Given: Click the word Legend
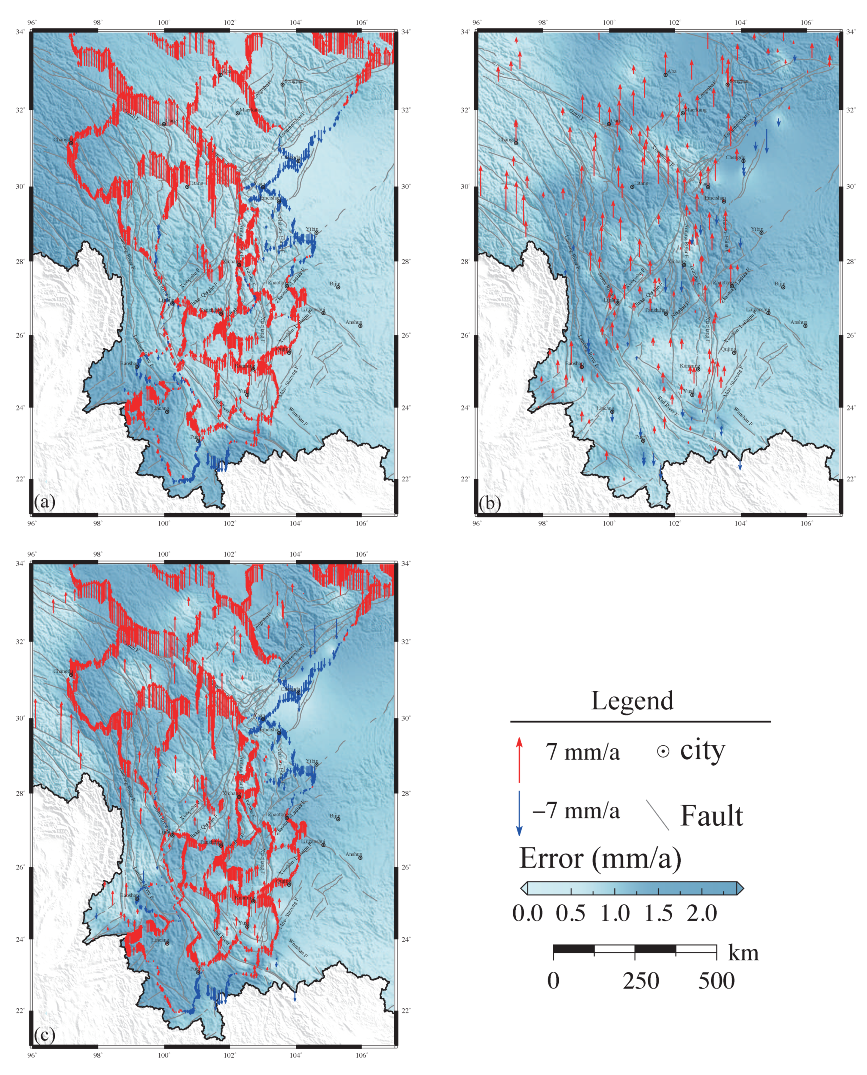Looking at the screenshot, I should coord(632,701).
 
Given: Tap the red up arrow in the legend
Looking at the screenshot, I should coord(519,759).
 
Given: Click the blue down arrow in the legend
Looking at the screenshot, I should coord(519,813).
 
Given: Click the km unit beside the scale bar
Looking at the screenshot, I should coord(743,953).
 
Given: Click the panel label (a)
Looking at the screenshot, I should coord(44,501).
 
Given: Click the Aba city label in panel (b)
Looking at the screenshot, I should coord(672,71).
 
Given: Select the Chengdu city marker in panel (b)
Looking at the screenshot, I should coord(743,161).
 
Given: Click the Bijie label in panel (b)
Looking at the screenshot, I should coord(779,284).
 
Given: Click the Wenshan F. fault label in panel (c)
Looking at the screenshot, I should coord(298,947).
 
